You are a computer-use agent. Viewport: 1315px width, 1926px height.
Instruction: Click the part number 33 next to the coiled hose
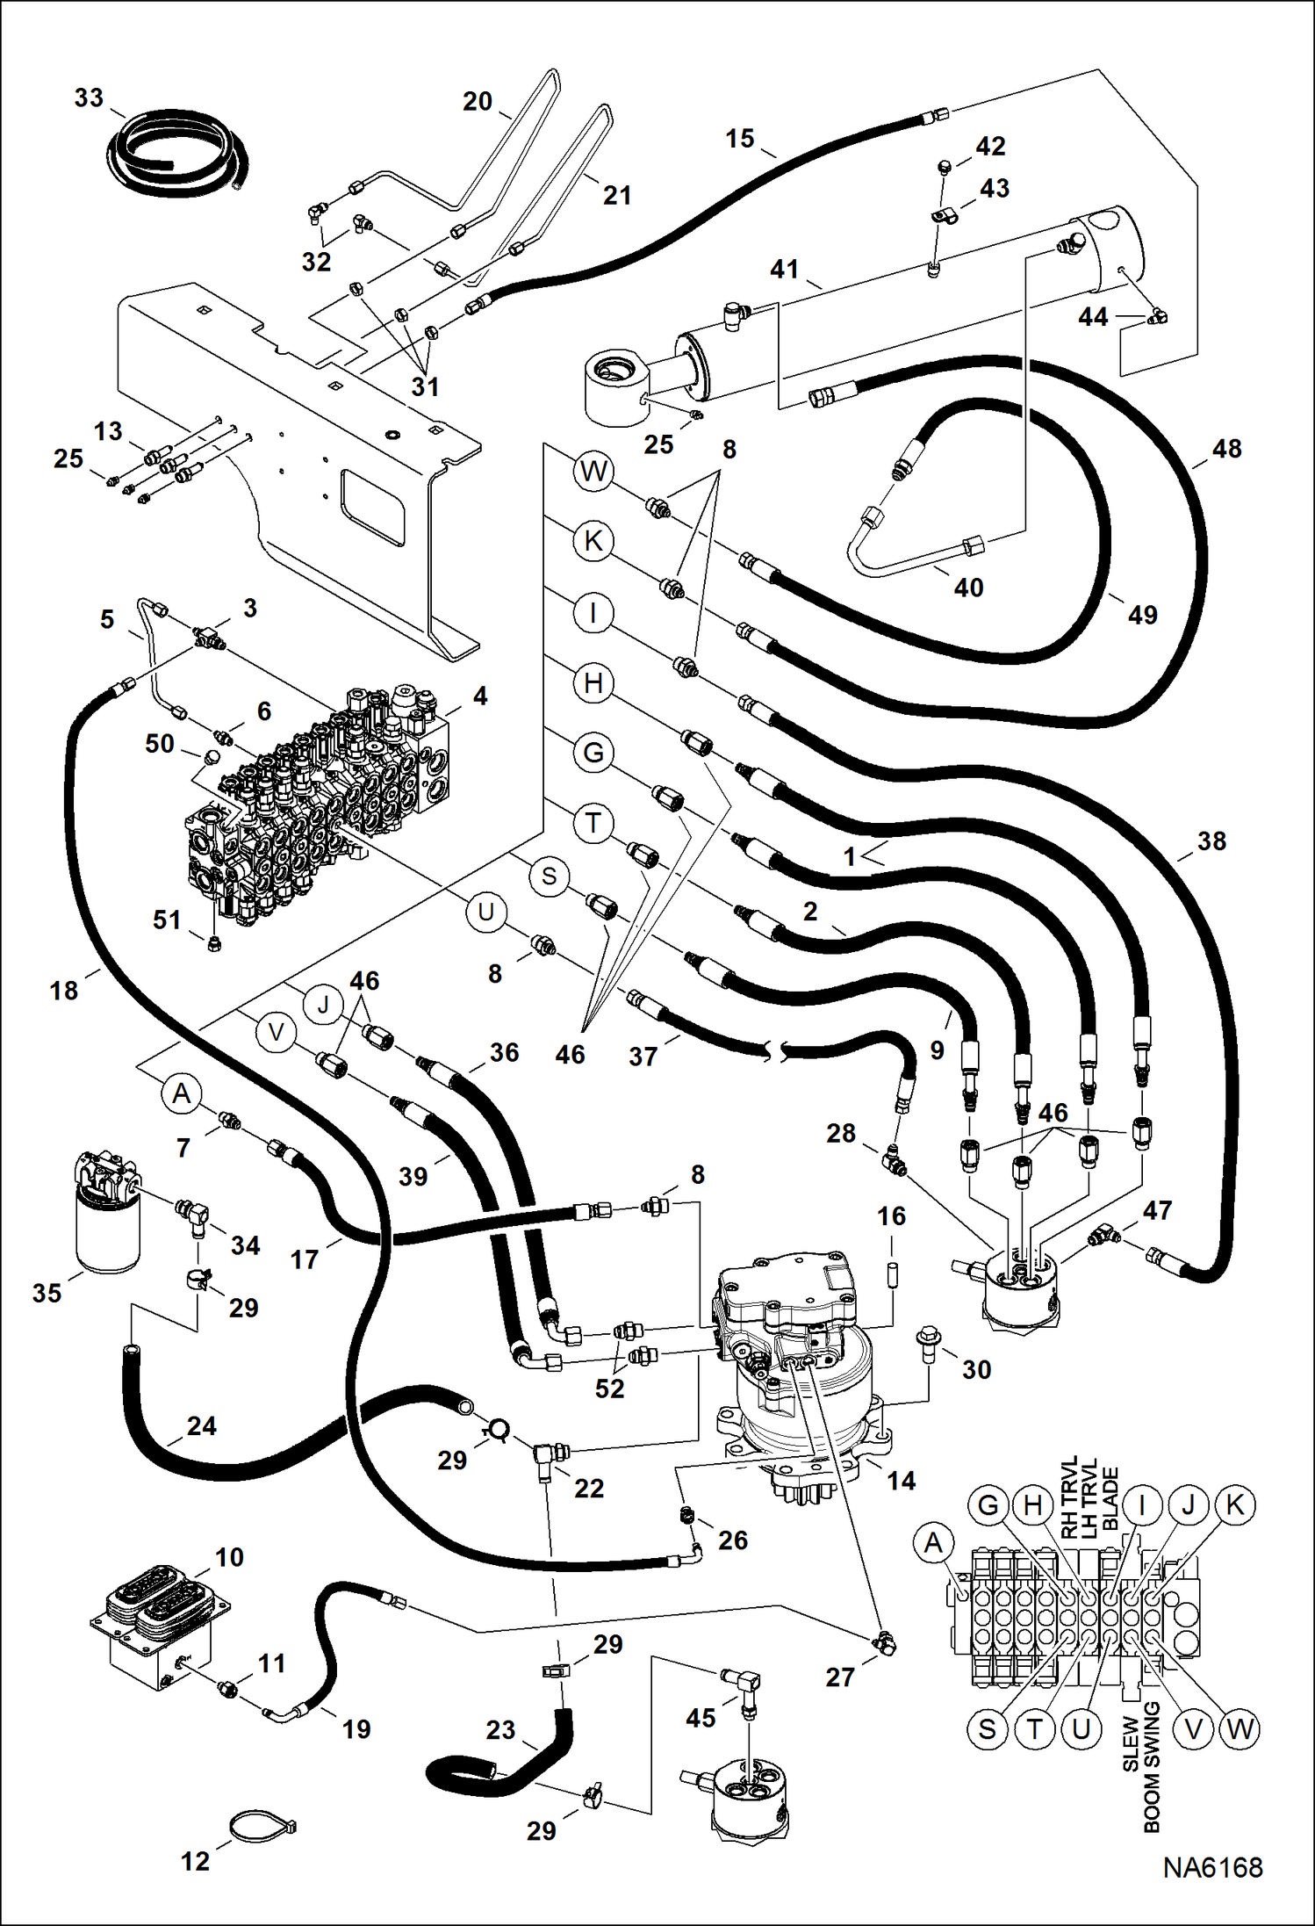coord(89,97)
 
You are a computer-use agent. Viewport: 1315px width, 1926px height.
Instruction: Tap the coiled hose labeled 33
coord(176,158)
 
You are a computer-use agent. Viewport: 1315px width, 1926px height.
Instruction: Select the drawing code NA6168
coord(1212,1868)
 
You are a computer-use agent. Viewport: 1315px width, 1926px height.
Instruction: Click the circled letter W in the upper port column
coord(593,471)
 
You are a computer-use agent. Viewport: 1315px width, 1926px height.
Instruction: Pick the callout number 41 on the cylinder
coord(784,269)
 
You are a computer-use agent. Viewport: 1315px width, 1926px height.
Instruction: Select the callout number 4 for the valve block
coord(479,696)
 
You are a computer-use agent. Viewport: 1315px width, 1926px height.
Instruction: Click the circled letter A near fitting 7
coord(182,1093)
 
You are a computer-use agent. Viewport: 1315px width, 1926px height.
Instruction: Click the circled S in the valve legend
coord(988,1729)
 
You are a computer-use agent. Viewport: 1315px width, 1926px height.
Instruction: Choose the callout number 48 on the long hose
coord(1226,449)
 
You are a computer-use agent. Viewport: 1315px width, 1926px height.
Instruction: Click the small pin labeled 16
coord(892,1274)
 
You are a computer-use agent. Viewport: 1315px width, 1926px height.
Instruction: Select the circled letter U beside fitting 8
coord(485,912)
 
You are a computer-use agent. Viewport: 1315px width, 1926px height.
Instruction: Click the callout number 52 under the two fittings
coord(609,1388)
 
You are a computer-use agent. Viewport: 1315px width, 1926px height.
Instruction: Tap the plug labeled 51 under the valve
coord(215,943)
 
